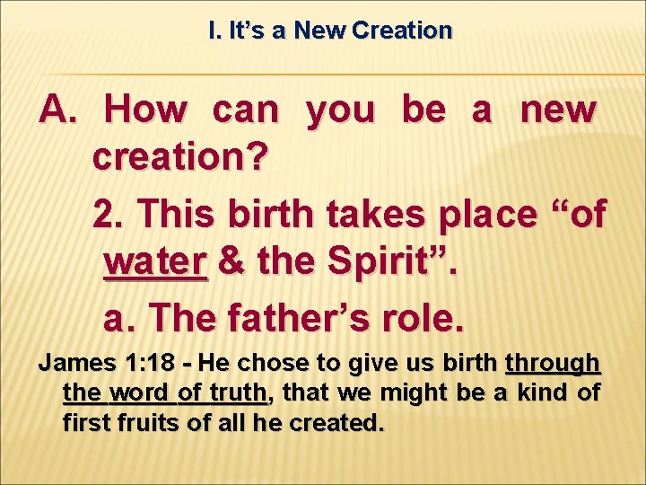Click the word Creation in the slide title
pyautogui.click(x=402, y=31)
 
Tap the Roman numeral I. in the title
pyautogui.click(x=214, y=31)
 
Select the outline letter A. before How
pyautogui.click(x=60, y=110)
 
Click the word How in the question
pyautogui.click(x=146, y=110)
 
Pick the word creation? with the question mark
pyautogui.click(x=179, y=159)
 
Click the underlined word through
pyautogui.click(x=553, y=364)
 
